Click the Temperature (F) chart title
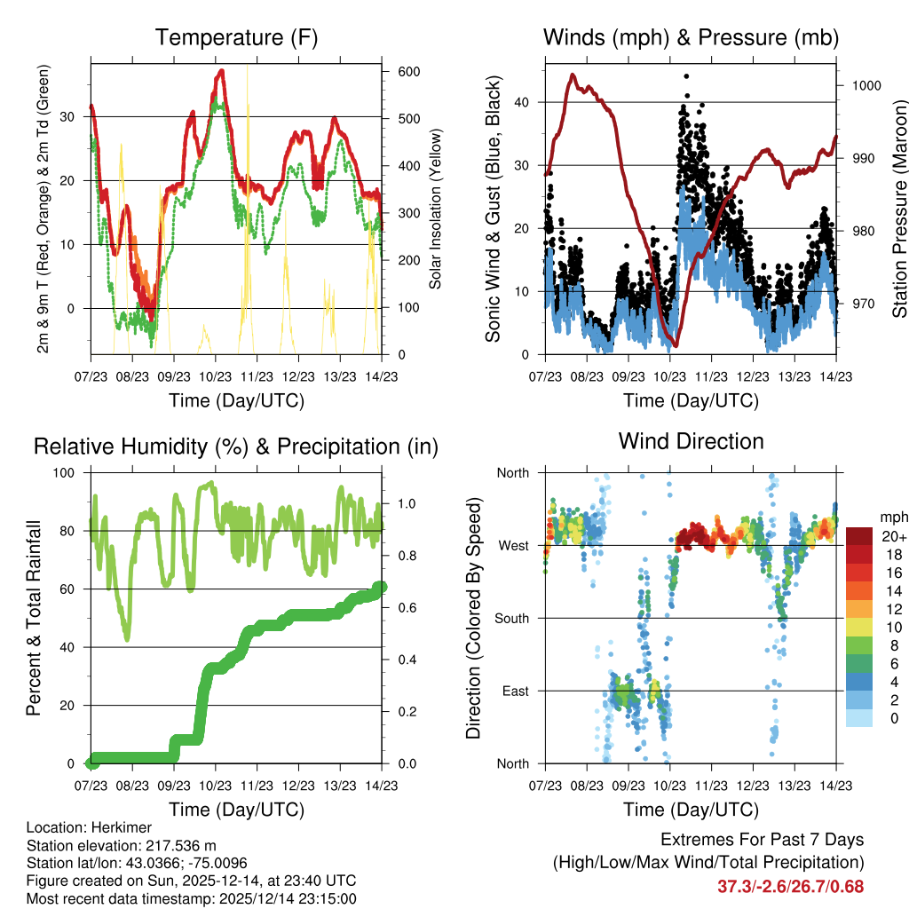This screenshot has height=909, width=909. point(236,38)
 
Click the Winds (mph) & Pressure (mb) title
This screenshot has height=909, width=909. point(691,38)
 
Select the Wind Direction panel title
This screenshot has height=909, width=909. point(691,441)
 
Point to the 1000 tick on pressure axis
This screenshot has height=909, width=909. point(866,86)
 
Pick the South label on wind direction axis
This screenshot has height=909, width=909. point(513,618)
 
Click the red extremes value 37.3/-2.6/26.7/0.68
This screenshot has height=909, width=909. point(790,887)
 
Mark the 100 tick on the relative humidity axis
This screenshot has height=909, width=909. point(73,473)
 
